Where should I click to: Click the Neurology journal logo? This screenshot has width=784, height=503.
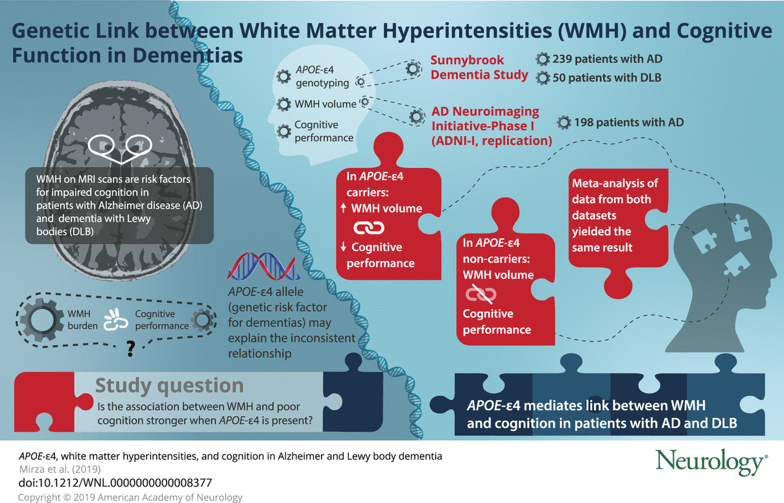tap(711, 462)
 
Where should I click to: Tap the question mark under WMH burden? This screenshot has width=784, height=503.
tap(130, 349)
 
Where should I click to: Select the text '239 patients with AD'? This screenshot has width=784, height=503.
tap(607, 59)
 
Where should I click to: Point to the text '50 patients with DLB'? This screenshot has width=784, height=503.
tap(607, 78)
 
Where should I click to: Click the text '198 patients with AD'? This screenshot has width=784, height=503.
tap(628, 123)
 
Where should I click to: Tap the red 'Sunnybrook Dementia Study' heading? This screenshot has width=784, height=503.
tap(479, 67)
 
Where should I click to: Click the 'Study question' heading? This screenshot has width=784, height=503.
tap(169, 385)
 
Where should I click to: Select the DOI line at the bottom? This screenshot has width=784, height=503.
tap(115, 483)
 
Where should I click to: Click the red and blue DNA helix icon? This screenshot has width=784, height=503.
tap(263, 266)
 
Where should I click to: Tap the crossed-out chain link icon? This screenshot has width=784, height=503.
tap(481, 294)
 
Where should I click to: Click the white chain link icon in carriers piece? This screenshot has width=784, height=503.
tap(369, 228)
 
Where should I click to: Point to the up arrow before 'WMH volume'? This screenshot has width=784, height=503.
tap(343, 208)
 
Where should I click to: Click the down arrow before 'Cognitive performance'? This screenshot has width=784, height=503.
tap(343, 246)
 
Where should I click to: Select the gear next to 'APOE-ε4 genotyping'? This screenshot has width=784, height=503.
tap(283, 76)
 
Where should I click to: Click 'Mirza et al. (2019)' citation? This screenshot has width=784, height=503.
tap(60, 469)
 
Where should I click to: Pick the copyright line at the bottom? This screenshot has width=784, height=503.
tap(130, 497)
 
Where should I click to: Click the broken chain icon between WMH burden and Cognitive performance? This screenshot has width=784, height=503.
tap(116, 320)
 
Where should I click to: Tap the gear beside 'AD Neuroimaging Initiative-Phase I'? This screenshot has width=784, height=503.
tap(416, 117)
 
